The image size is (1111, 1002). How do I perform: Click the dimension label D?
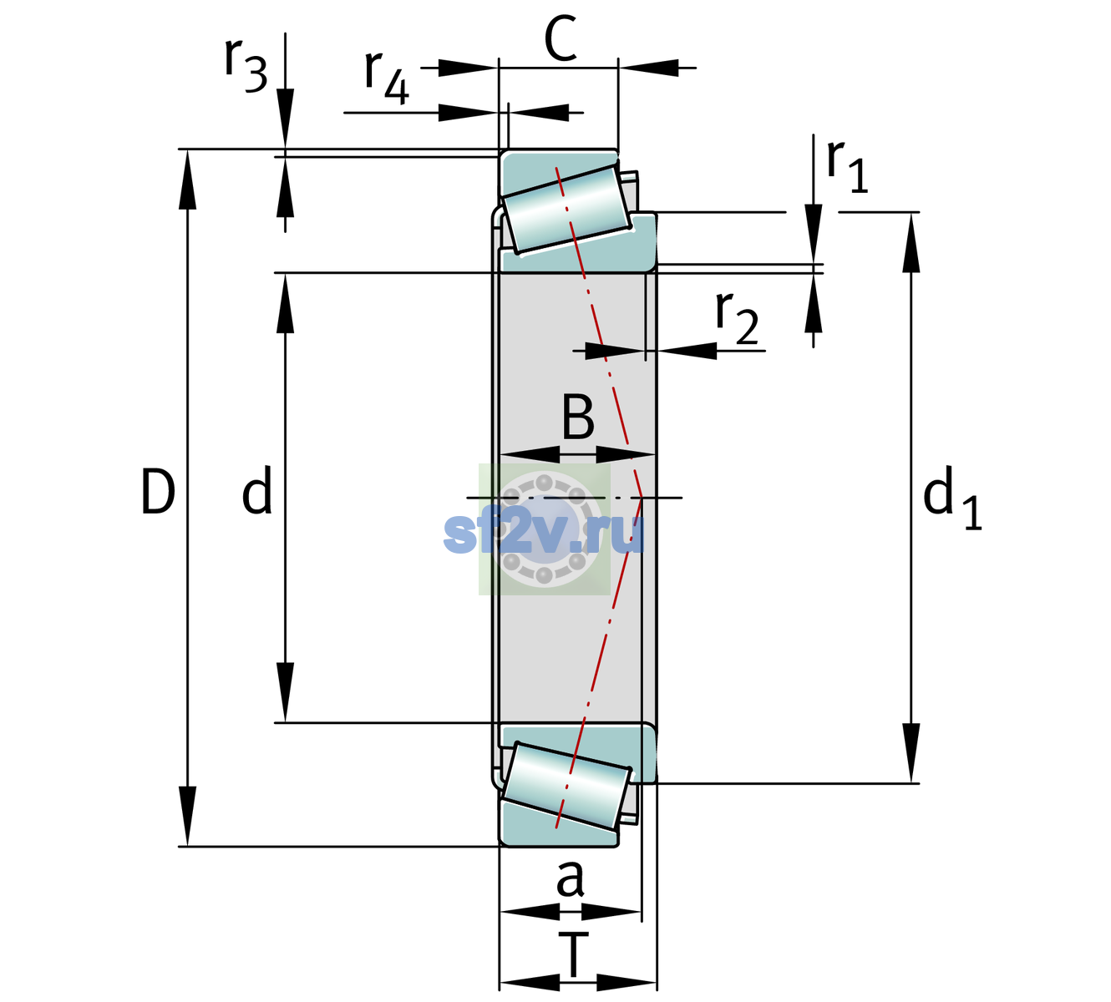click(x=158, y=492)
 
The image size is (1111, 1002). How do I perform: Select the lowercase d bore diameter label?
click(x=257, y=490)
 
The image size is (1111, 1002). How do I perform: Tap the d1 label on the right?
click(x=951, y=497)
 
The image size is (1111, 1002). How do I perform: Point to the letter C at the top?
click(x=561, y=38)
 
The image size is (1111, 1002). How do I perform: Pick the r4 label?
click(x=387, y=78)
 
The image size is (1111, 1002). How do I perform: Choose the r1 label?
click(x=847, y=166)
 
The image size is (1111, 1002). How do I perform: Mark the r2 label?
click(x=737, y=318)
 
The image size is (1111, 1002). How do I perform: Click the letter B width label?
click(x=578, y=417)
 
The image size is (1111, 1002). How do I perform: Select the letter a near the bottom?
click(x=570, y=879)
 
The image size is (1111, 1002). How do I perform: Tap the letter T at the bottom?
click(x=573, y=954)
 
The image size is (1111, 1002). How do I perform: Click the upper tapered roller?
click(x=566, y=210)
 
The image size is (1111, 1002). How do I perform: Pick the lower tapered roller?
click(x=566, y=787)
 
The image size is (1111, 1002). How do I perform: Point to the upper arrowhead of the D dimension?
click(x=187, y=180)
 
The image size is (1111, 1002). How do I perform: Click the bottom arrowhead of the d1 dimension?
click(x=911, y=753)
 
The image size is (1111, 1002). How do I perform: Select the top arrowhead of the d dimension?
click(x=285, y=303)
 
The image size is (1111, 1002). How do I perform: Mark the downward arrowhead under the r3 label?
click(x=285, y=119)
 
